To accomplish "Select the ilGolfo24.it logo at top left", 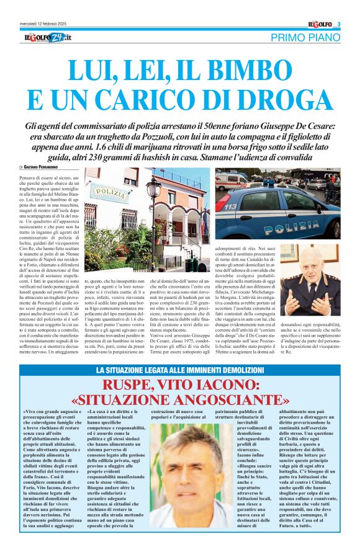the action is click(x=48, y=39).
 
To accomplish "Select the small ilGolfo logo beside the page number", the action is click(x=321, y=25).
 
